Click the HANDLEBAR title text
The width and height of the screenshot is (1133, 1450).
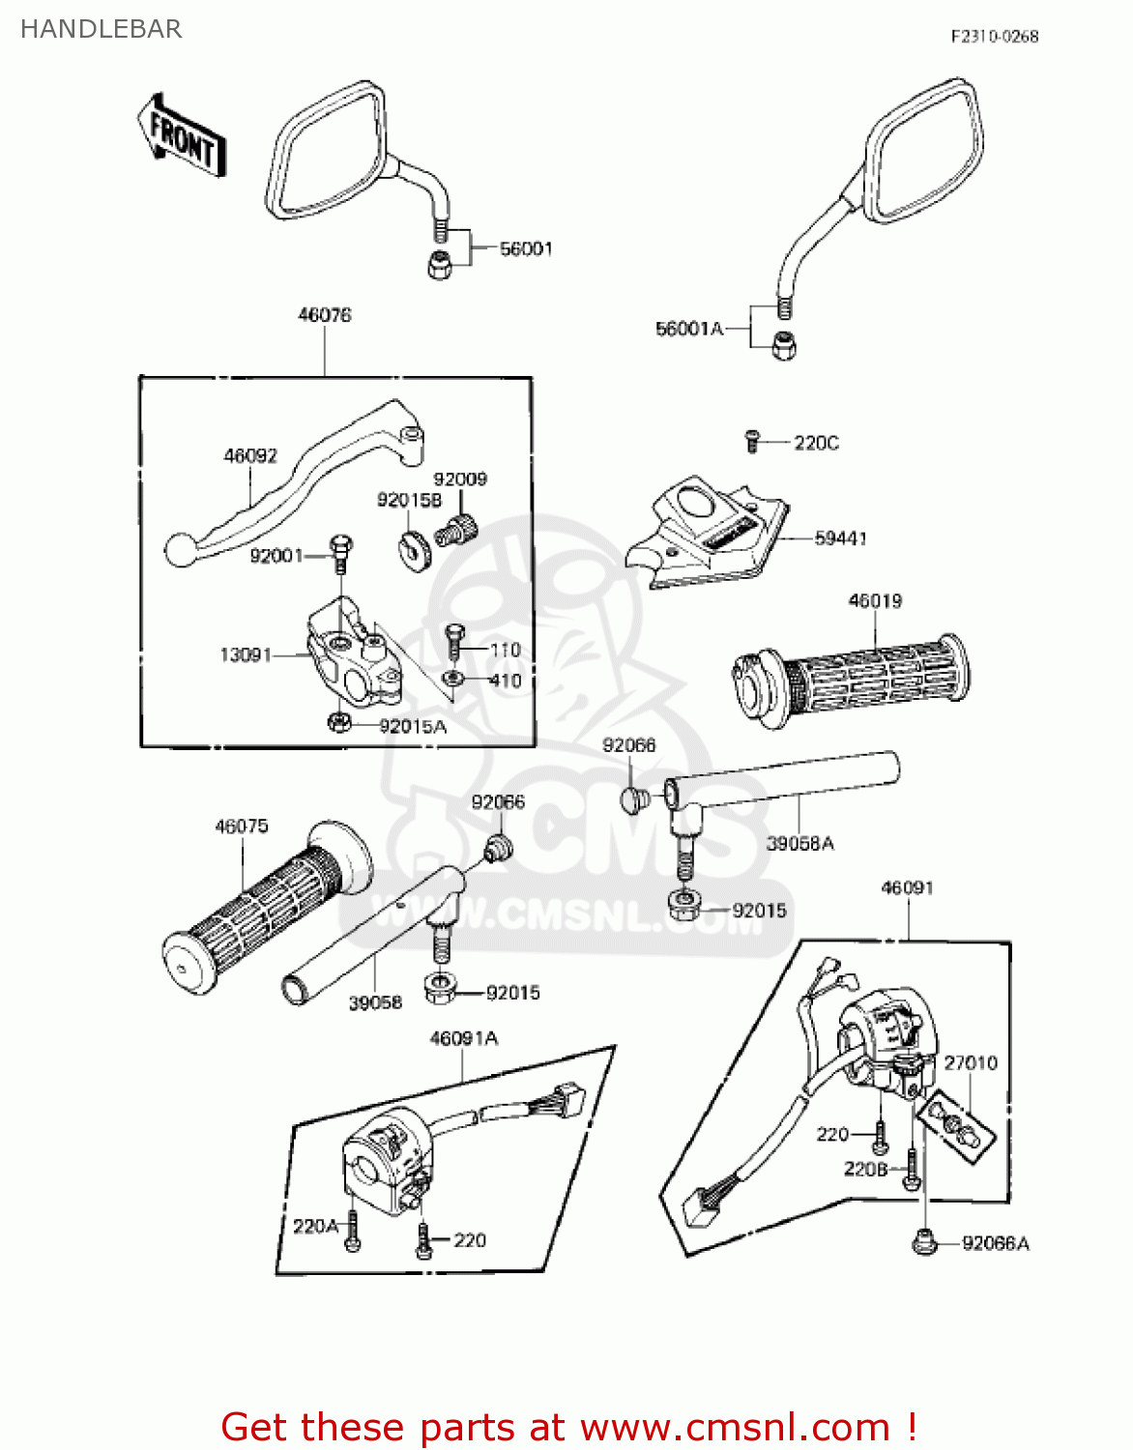pos(101,29)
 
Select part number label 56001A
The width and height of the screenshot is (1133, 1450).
pos(688,329)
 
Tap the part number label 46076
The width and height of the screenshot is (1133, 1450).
pos(325,314)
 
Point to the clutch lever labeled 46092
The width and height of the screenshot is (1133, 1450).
pos(290,483)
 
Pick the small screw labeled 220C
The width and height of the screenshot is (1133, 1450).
pos(752,441)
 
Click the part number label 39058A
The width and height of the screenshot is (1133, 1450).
pos(799,843)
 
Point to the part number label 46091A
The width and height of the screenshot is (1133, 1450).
pos(463,1038)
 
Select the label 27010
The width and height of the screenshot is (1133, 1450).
pos(970,1062)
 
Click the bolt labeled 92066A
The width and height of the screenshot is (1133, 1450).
pos(924,1241)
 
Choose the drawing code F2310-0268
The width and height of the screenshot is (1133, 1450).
pos(994,37)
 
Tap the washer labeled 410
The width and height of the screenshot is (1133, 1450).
pos(451,679)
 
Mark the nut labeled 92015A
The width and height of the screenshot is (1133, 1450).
pos(339,722)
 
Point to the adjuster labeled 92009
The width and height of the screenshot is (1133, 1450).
pos(456,529)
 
